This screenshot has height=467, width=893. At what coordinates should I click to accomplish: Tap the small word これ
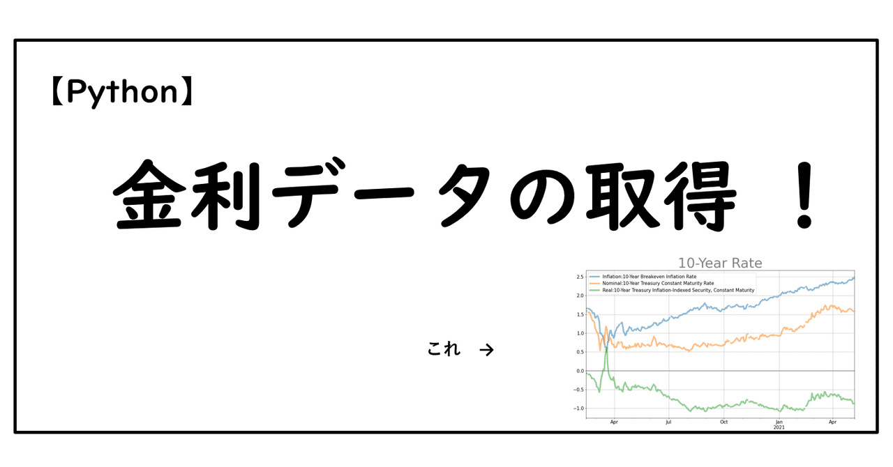click(x=444, y=349)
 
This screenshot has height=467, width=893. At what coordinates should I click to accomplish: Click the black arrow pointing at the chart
click(x=487, y=350)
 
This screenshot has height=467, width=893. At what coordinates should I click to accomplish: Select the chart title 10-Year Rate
click(x=720, y=263)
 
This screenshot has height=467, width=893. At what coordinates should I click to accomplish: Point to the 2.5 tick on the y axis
click(x=580, y=277)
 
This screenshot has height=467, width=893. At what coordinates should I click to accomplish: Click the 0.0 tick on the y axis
click(x=580, y=371)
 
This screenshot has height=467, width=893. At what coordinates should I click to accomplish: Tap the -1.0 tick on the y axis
click(x=578, y=408)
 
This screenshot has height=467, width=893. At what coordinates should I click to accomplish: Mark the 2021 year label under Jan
click(x=779, y=428)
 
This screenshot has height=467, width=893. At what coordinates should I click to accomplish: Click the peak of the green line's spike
click(x=607, y=346)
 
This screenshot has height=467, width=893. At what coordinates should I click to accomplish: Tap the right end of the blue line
click(x=854, y=277)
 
